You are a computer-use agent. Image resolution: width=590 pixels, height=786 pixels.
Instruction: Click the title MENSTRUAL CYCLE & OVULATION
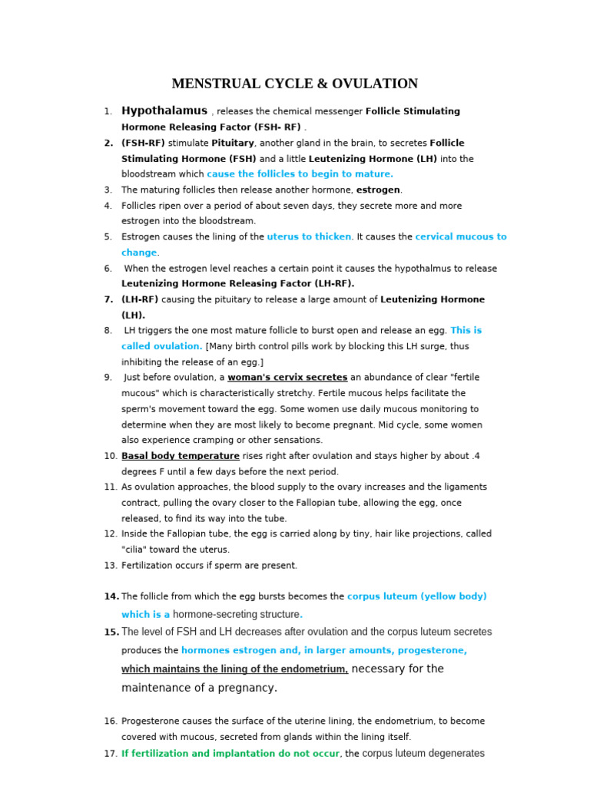[294, 84]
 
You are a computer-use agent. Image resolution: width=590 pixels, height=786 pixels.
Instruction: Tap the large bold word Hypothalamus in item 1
[164, 111]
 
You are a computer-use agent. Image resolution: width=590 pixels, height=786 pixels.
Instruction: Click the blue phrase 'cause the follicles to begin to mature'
[300, 174]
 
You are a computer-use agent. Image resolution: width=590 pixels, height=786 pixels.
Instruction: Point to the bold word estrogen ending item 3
[378, 190]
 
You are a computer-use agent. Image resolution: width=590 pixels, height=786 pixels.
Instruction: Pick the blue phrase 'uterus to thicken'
[309, 236]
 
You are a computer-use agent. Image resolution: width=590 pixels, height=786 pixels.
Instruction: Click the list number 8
[108, 331]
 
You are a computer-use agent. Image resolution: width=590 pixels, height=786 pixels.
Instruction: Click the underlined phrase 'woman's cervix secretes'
[287, 378]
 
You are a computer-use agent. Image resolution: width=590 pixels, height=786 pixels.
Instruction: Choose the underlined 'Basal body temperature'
[180, 456]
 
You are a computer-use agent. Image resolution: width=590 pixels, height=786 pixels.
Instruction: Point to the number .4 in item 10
[476, 456]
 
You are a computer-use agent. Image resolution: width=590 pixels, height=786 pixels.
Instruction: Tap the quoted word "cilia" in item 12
[138, 550]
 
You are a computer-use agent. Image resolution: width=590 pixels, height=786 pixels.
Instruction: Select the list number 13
[111, 566]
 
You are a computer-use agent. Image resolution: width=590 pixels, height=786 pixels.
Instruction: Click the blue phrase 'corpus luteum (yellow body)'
[416, 596]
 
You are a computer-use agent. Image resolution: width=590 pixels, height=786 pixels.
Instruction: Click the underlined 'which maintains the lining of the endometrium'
[234, 669]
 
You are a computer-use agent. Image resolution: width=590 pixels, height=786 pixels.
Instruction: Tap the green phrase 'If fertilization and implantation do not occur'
[230, 754]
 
